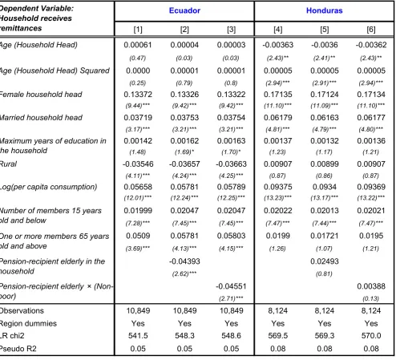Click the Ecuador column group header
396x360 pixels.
pyautogui.click(x=184, y=10)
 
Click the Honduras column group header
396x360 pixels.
pyautogui.click(x=324, y=10)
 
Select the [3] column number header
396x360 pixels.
pyautogui.click(x=231, y=30)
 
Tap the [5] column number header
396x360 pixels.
pyautogui.click(x=325, y=30)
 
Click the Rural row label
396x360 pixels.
pyautogui.click(x=8, y=164)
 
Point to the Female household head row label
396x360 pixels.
pyautogui.click(x=41, y=95)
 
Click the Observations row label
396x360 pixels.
pyautogui.click(x=22, y=310)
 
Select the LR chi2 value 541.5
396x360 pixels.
pyautogui.click(x=138, y=336)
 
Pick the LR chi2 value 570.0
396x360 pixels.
pyautogui.click(x=371, y=336)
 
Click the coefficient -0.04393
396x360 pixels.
pyautogui.click(x=184, y=261)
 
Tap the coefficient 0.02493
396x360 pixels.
pyautogui.click(x=325, y=261)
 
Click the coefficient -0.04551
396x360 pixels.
pyautogui.click(x=231, y=286)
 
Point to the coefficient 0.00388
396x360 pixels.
pyautogui.click(x=371, y=286)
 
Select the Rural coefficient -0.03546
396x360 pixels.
pyautogui.click(x=138, y=164)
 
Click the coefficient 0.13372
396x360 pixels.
pyautogui.click(x=138, y=95)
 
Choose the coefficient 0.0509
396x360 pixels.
pyautogui.click(x=138, y=236)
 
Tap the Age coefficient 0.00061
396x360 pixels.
pyautogui.click(x=138, y=45)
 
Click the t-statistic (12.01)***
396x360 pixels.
pyautogui.click(x=138, y=198)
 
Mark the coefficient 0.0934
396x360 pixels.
pyautogui.click(x=325, y=187)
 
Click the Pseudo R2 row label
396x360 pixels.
pyautogui.click(x=18, y=349)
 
